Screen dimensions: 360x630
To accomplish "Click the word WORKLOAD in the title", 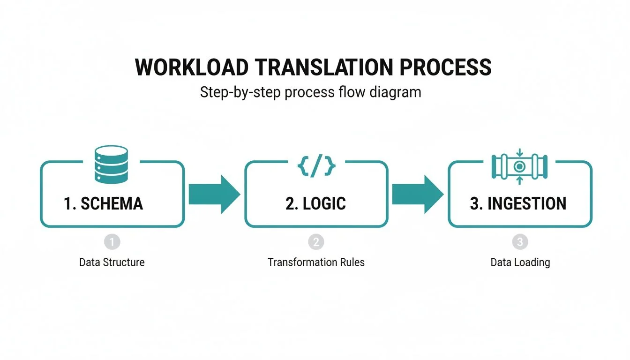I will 191,67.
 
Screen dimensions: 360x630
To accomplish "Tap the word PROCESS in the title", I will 445,67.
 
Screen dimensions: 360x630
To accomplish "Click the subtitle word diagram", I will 395,92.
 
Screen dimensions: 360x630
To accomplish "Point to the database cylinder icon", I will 111,164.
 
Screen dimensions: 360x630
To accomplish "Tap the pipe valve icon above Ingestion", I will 519,166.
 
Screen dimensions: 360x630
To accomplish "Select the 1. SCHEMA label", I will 103,203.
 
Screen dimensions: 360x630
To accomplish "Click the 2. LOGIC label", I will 315,203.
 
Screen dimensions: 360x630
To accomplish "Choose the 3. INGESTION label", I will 518,203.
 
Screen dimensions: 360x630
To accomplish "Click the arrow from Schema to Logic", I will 214,194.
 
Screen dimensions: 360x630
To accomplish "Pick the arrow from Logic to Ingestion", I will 417,194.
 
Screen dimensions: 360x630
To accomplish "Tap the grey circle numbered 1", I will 112,242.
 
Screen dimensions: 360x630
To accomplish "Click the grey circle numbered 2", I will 316,242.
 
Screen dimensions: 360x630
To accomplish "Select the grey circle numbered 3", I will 520,242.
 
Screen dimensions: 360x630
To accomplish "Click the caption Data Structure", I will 112,262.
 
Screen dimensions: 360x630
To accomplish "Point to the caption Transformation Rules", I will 316,262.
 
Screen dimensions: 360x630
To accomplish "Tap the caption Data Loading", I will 520,262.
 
